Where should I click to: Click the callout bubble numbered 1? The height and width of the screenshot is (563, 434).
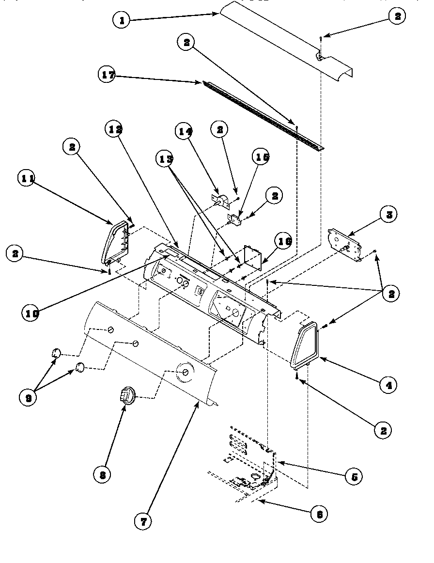122,20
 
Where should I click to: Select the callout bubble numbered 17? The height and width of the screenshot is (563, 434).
108,75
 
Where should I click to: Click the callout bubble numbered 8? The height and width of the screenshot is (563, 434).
103,474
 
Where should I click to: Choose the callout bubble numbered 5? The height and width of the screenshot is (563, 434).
354,476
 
